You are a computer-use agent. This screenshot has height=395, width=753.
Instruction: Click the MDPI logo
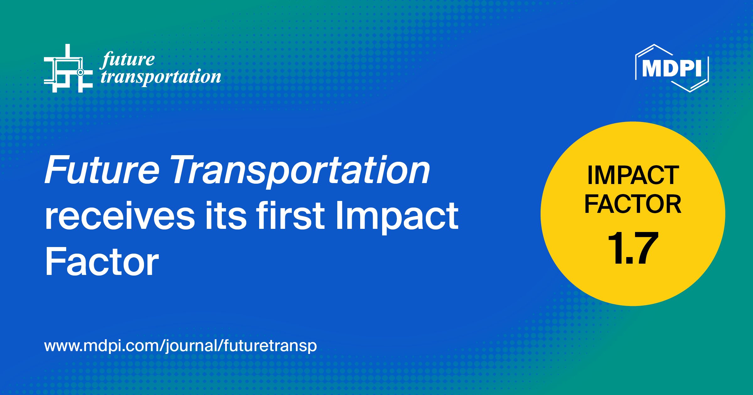pyautogui.click(x=672, y=68)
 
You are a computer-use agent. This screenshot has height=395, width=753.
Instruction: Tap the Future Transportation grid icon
pyautogui.click(x=68, y=68)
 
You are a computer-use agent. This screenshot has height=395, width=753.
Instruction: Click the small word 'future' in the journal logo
pyautogui.click(x=128, y=60)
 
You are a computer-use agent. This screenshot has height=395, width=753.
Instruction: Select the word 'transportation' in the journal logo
pyautogui.click(x=161, y=77)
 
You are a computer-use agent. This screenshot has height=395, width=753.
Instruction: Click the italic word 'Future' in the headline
pyautogui.click(x=102, y=170)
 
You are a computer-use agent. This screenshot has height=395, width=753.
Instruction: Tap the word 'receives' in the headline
pyautogui.click(x=120, y=216)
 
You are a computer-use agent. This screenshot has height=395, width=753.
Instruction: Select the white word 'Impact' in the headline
pyautogui.click(x=397, y=218)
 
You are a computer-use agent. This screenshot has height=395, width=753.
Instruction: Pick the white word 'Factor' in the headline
pyautogui.click(x=102, y=261)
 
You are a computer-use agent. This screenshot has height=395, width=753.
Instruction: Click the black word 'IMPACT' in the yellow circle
pyautogui.click(x=633, y=175)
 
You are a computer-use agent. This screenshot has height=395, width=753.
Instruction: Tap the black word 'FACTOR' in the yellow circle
pyautogui.click(x=633, y=204)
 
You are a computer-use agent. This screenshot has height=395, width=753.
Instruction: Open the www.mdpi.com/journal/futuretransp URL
pyautogui.click(x=181, y=346)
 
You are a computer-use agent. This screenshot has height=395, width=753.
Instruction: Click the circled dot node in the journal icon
pyautogui.click(x=80, y=72)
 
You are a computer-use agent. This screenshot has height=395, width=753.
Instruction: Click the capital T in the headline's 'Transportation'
pyautogui.click(x=185, y=170)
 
